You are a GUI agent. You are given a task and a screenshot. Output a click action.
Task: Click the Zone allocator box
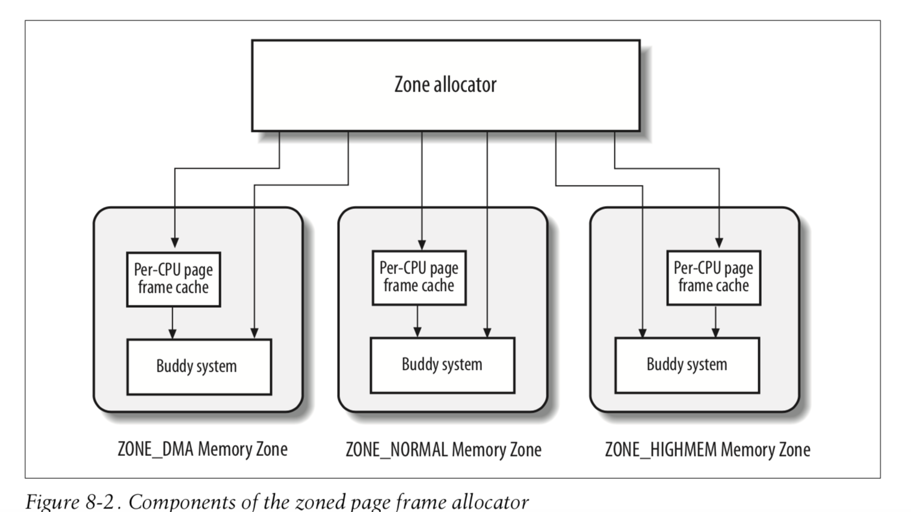pos(446,86)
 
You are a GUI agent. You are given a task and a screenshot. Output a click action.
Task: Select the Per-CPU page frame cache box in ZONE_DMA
pos(174,279)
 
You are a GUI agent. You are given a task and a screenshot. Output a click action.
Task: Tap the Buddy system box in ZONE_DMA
pos(199,367)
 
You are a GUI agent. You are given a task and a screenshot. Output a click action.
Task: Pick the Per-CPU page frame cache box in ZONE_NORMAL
pos(419,278)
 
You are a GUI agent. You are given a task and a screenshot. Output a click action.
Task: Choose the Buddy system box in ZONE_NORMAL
pos(442,365)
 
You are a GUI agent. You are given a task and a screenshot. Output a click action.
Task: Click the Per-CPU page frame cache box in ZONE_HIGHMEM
pos(714,278)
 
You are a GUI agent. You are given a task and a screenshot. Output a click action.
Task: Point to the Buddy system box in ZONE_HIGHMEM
pos(687,365)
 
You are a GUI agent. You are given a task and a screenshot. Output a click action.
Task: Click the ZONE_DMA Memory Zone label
pos(203,449)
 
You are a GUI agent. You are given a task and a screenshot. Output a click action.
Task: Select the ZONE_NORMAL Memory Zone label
pos(443,450)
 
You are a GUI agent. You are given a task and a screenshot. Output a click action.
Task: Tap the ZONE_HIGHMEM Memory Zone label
pos(708,450)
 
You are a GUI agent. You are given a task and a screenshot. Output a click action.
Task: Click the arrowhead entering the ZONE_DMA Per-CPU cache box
pos(175,243)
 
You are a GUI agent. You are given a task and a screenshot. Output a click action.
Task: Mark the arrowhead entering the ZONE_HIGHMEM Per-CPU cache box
pos(719,243)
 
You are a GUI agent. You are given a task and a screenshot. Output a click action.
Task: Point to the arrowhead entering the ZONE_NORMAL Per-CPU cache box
pos(422,244)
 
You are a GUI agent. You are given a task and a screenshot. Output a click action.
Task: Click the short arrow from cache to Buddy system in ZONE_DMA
pos(172,323)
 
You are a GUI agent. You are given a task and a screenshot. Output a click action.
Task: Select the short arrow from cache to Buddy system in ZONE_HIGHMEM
pos(716,322)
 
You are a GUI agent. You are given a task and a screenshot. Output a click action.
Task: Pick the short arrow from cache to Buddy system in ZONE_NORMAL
pos(417,322)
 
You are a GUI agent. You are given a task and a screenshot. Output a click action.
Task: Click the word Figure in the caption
pos(52,502)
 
